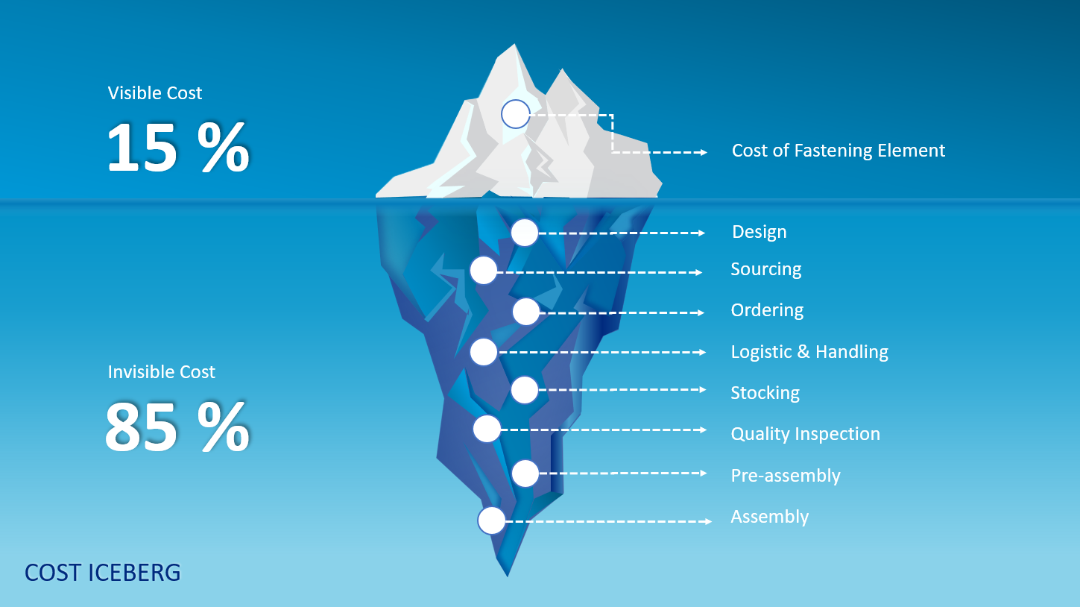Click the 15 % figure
177,147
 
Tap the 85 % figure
177,427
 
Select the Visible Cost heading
155,93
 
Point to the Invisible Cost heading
161,372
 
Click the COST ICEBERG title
103,573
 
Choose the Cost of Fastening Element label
839,151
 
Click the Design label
760,232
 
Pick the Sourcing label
766,269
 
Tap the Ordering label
767,310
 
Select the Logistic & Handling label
809,352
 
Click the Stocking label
765,393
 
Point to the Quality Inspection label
806,434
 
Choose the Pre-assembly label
786,476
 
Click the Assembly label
769,517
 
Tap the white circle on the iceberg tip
516,114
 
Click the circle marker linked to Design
525,233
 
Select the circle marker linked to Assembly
491,520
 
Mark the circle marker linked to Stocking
525,390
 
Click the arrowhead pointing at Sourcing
698,273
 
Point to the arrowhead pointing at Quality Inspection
703,430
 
